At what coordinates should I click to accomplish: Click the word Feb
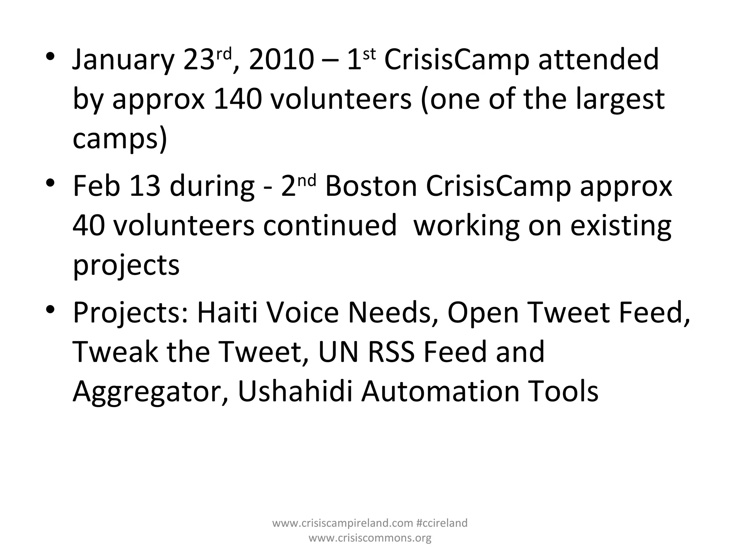(96, 186)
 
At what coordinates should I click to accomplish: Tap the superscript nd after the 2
(308, 180)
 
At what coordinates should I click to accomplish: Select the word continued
(330, 226)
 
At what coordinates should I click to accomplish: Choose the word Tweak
(115, 352)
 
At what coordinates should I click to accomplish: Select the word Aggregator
(150, 392)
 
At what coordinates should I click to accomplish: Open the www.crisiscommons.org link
(370, 538)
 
